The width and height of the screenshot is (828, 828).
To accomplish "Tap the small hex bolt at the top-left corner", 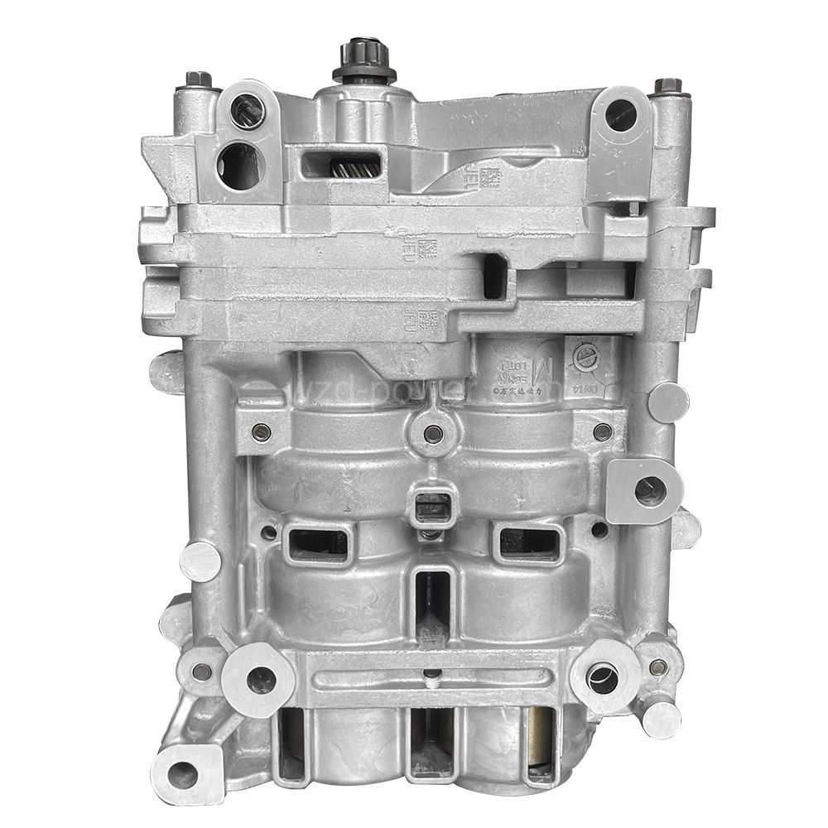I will [x=198, y=79].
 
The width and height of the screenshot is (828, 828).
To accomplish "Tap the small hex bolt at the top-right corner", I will [x=667, y=86].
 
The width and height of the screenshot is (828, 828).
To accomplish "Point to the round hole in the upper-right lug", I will [x=621, y=115].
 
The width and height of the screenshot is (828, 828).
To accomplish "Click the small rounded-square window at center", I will [x=430, y=503].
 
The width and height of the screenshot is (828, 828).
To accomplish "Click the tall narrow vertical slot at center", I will [x=431, y=609].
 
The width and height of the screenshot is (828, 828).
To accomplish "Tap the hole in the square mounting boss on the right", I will [x=648, y=491].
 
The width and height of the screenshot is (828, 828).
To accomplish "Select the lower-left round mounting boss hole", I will [x=258, y=680].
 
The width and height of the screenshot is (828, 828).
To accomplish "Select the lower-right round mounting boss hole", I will [x=601, y=678].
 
